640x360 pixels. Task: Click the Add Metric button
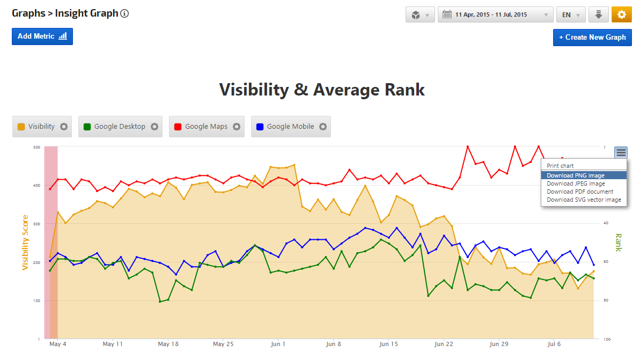click(42, 36)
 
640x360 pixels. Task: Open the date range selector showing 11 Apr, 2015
click(495, 15)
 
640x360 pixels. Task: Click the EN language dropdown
click(571, 15)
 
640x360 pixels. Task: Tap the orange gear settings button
click(621, 15)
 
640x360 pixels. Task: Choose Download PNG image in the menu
click(575, 175)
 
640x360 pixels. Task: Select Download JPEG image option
click(575, 183)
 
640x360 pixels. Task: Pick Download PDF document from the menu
click(579, 192)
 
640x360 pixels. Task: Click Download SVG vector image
click(584, 200)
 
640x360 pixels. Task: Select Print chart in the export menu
click(560, 166)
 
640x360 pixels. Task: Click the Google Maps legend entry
click(206, 127)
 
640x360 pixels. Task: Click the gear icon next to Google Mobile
click(323, 127)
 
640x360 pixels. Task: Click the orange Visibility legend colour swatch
click(21, 127)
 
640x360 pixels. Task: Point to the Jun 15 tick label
click(388, 344)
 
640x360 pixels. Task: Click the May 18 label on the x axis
click(168, 344)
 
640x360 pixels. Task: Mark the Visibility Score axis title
click(25, 243)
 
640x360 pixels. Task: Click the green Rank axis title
click(618, 243)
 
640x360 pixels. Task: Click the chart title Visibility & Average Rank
click(322, 90)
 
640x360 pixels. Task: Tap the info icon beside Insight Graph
click(124, 13)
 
